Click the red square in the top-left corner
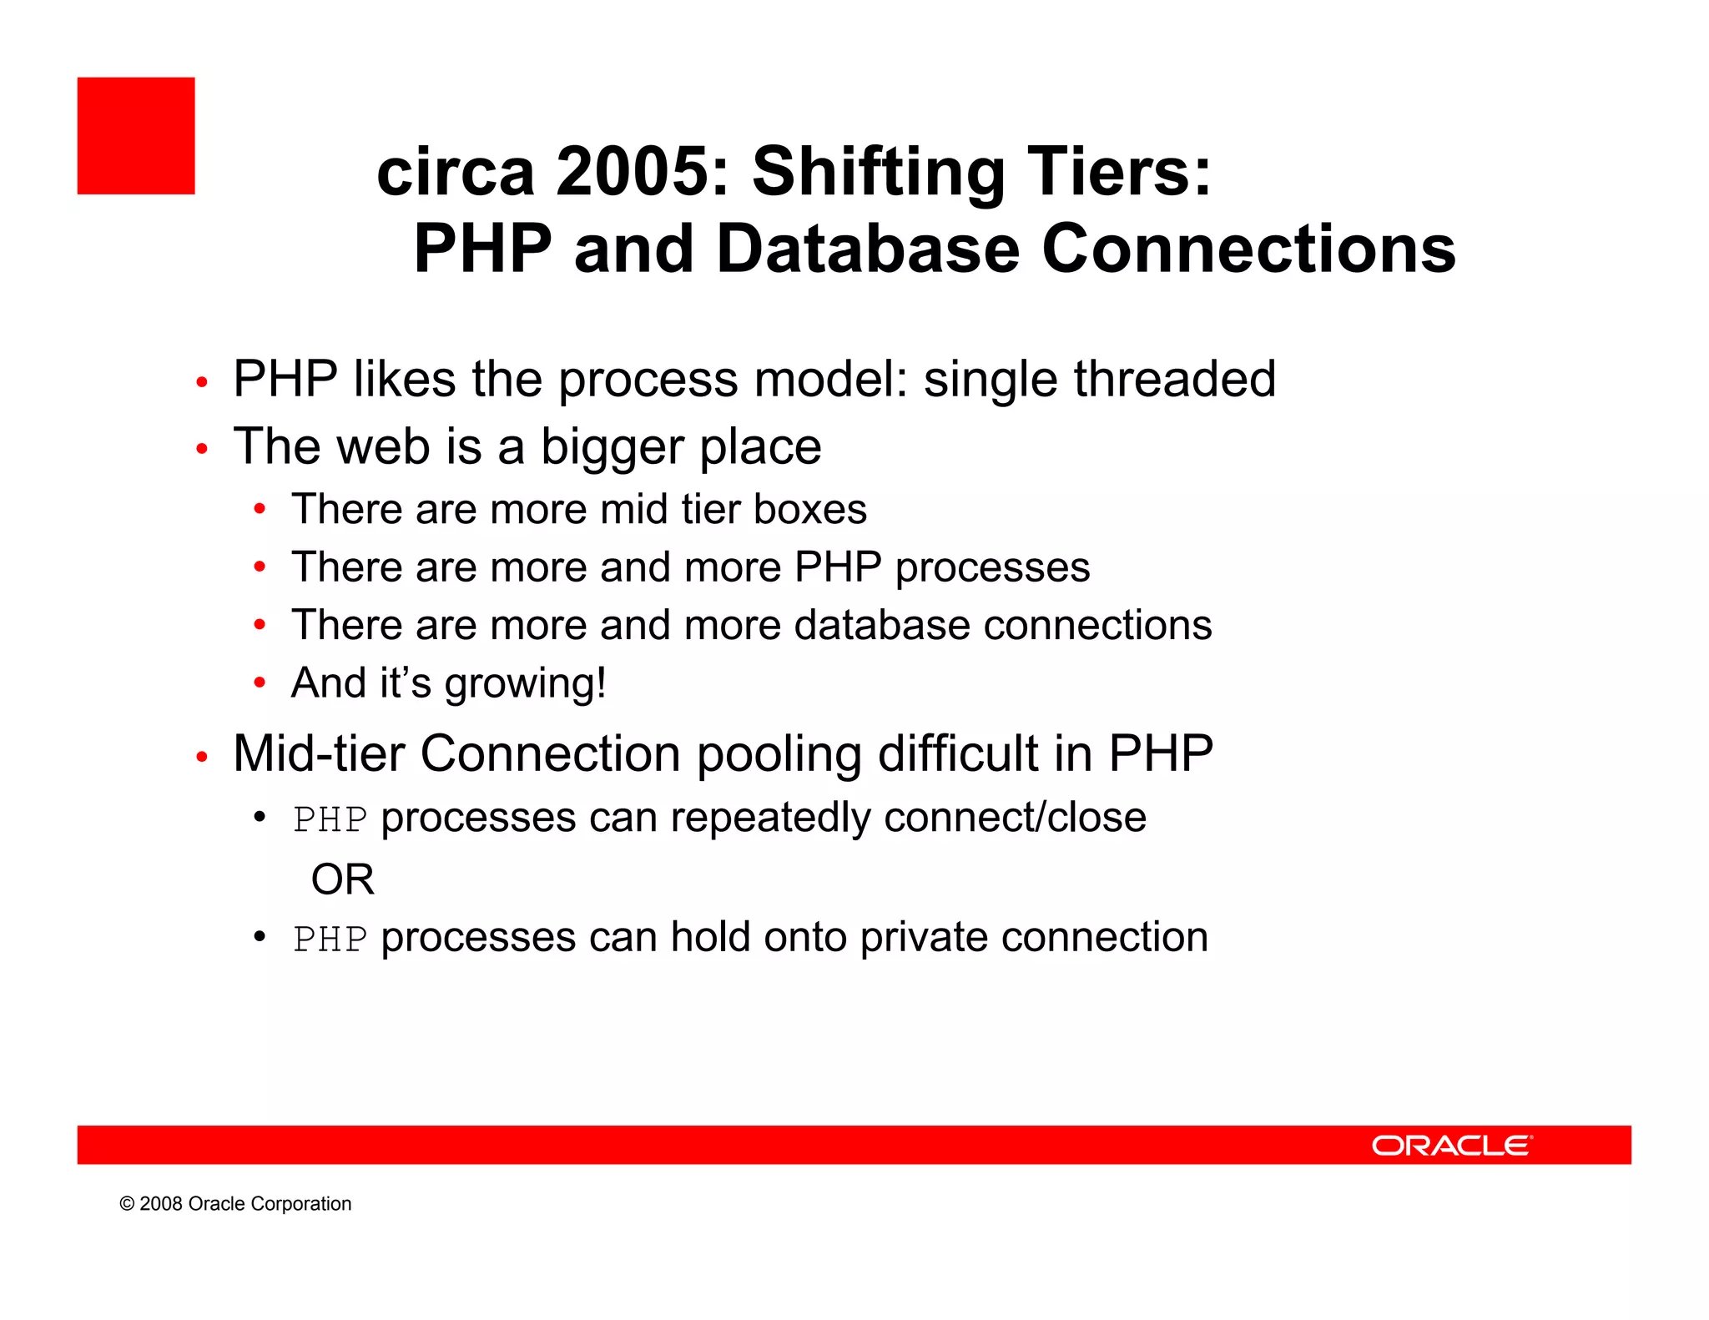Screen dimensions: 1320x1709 (136, 136)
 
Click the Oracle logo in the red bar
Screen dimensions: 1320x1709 (1451, 1145)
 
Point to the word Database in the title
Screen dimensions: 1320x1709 (868, 249)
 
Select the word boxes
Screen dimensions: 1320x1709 (809, 509)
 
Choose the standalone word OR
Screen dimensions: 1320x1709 (342, 879)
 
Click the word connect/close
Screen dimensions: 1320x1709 (1015, 818)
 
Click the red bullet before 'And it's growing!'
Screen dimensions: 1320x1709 (260, 683)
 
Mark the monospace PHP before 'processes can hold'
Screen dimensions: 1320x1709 (330, 939)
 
